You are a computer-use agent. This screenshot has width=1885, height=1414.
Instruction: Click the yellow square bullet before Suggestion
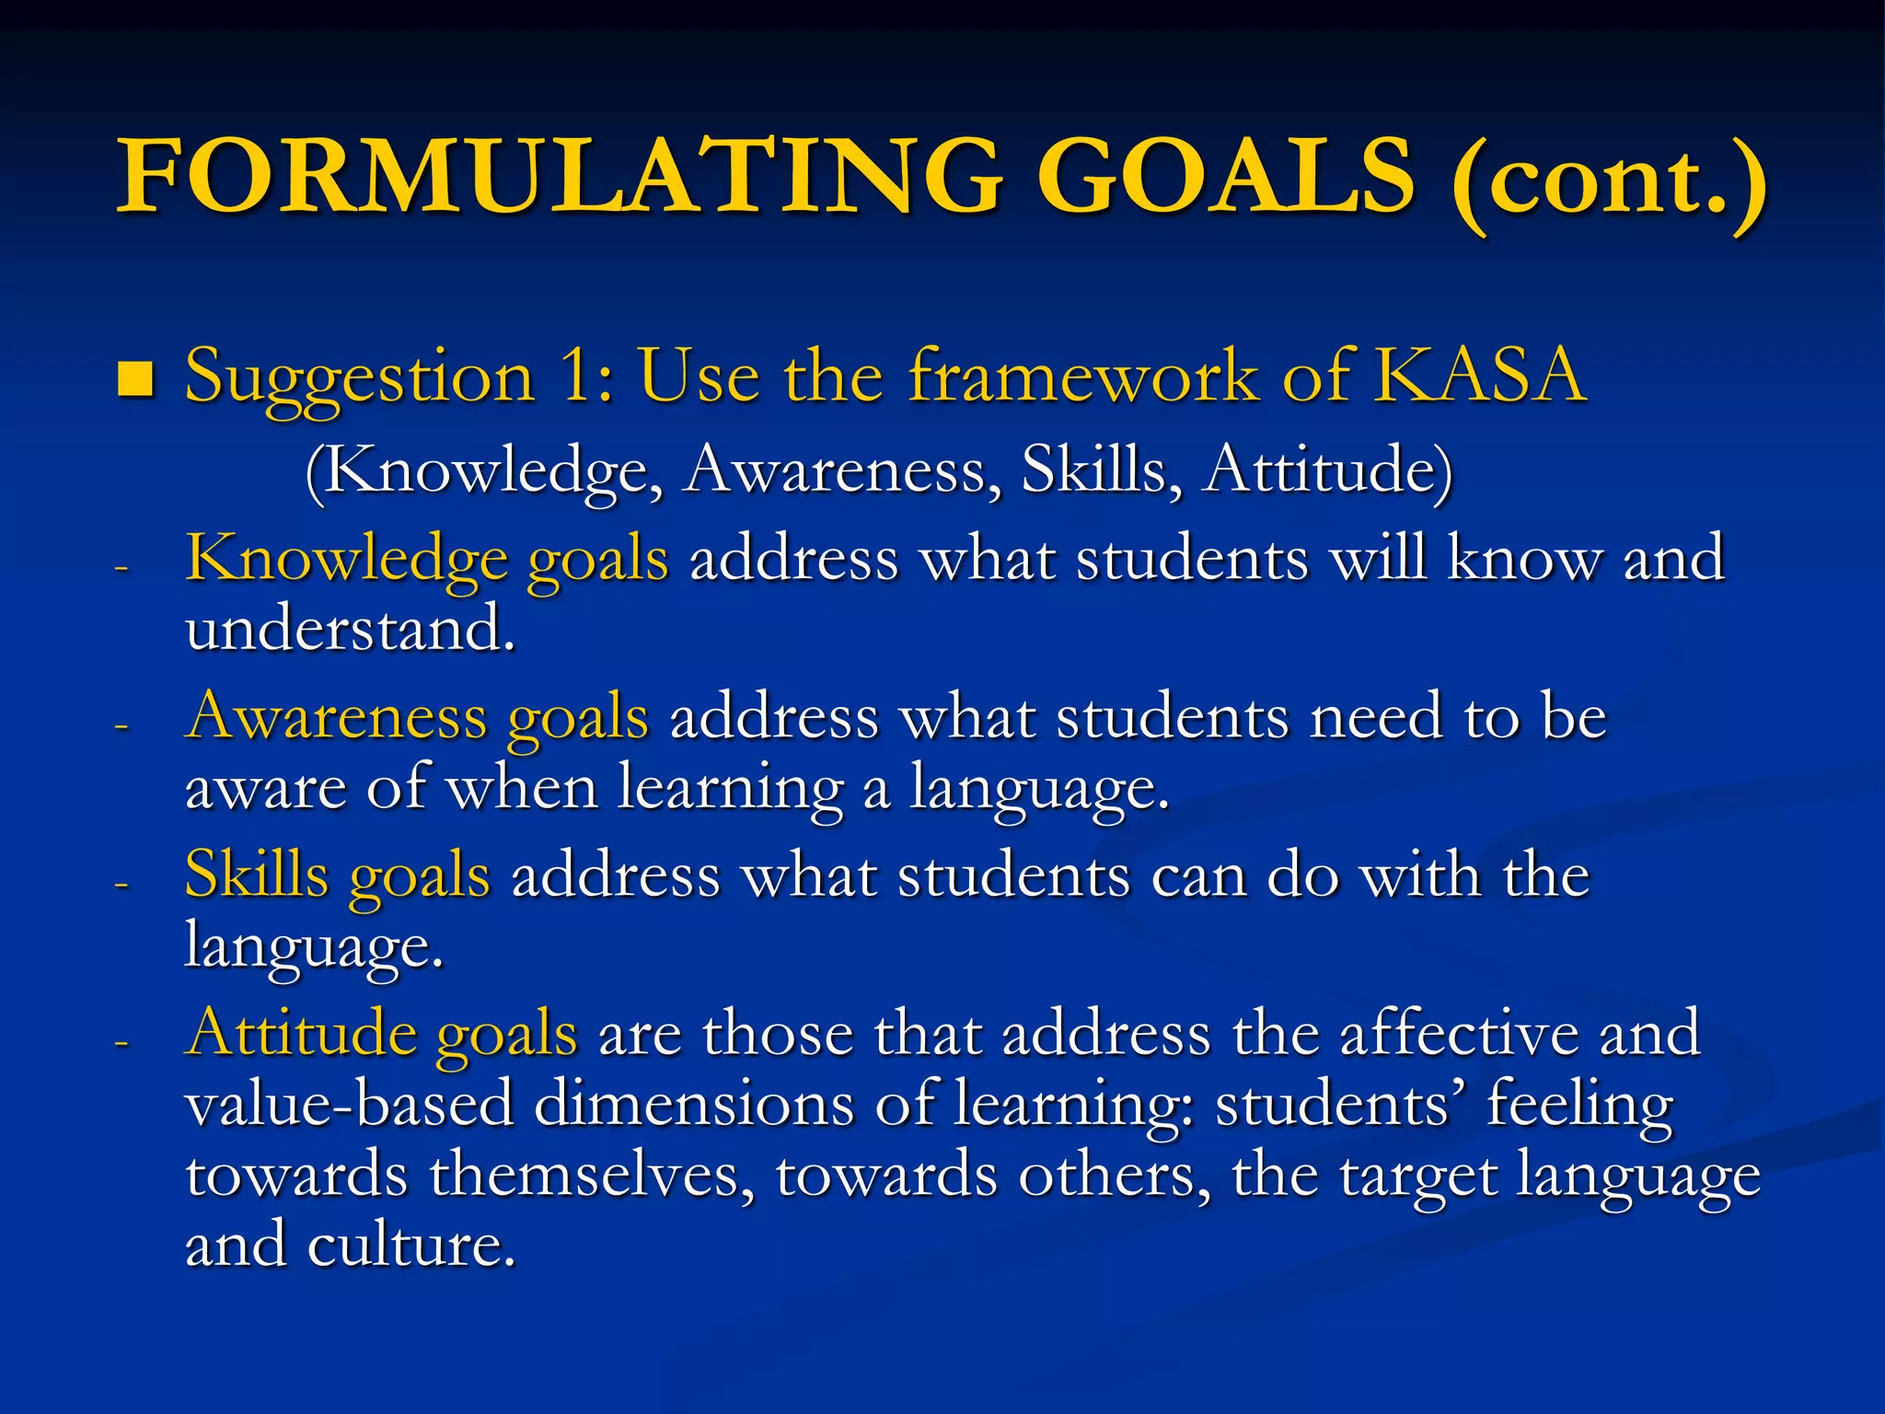point(135,378)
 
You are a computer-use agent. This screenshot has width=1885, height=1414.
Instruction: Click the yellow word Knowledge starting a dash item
point(346,559)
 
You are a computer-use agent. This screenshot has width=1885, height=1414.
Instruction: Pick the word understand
point(350,630)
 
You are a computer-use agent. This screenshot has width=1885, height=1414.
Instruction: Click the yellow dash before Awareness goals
point(121,726)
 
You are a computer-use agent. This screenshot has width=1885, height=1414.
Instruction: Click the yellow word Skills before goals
point(257,875)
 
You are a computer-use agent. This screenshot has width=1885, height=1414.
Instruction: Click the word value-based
point(349,1104)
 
